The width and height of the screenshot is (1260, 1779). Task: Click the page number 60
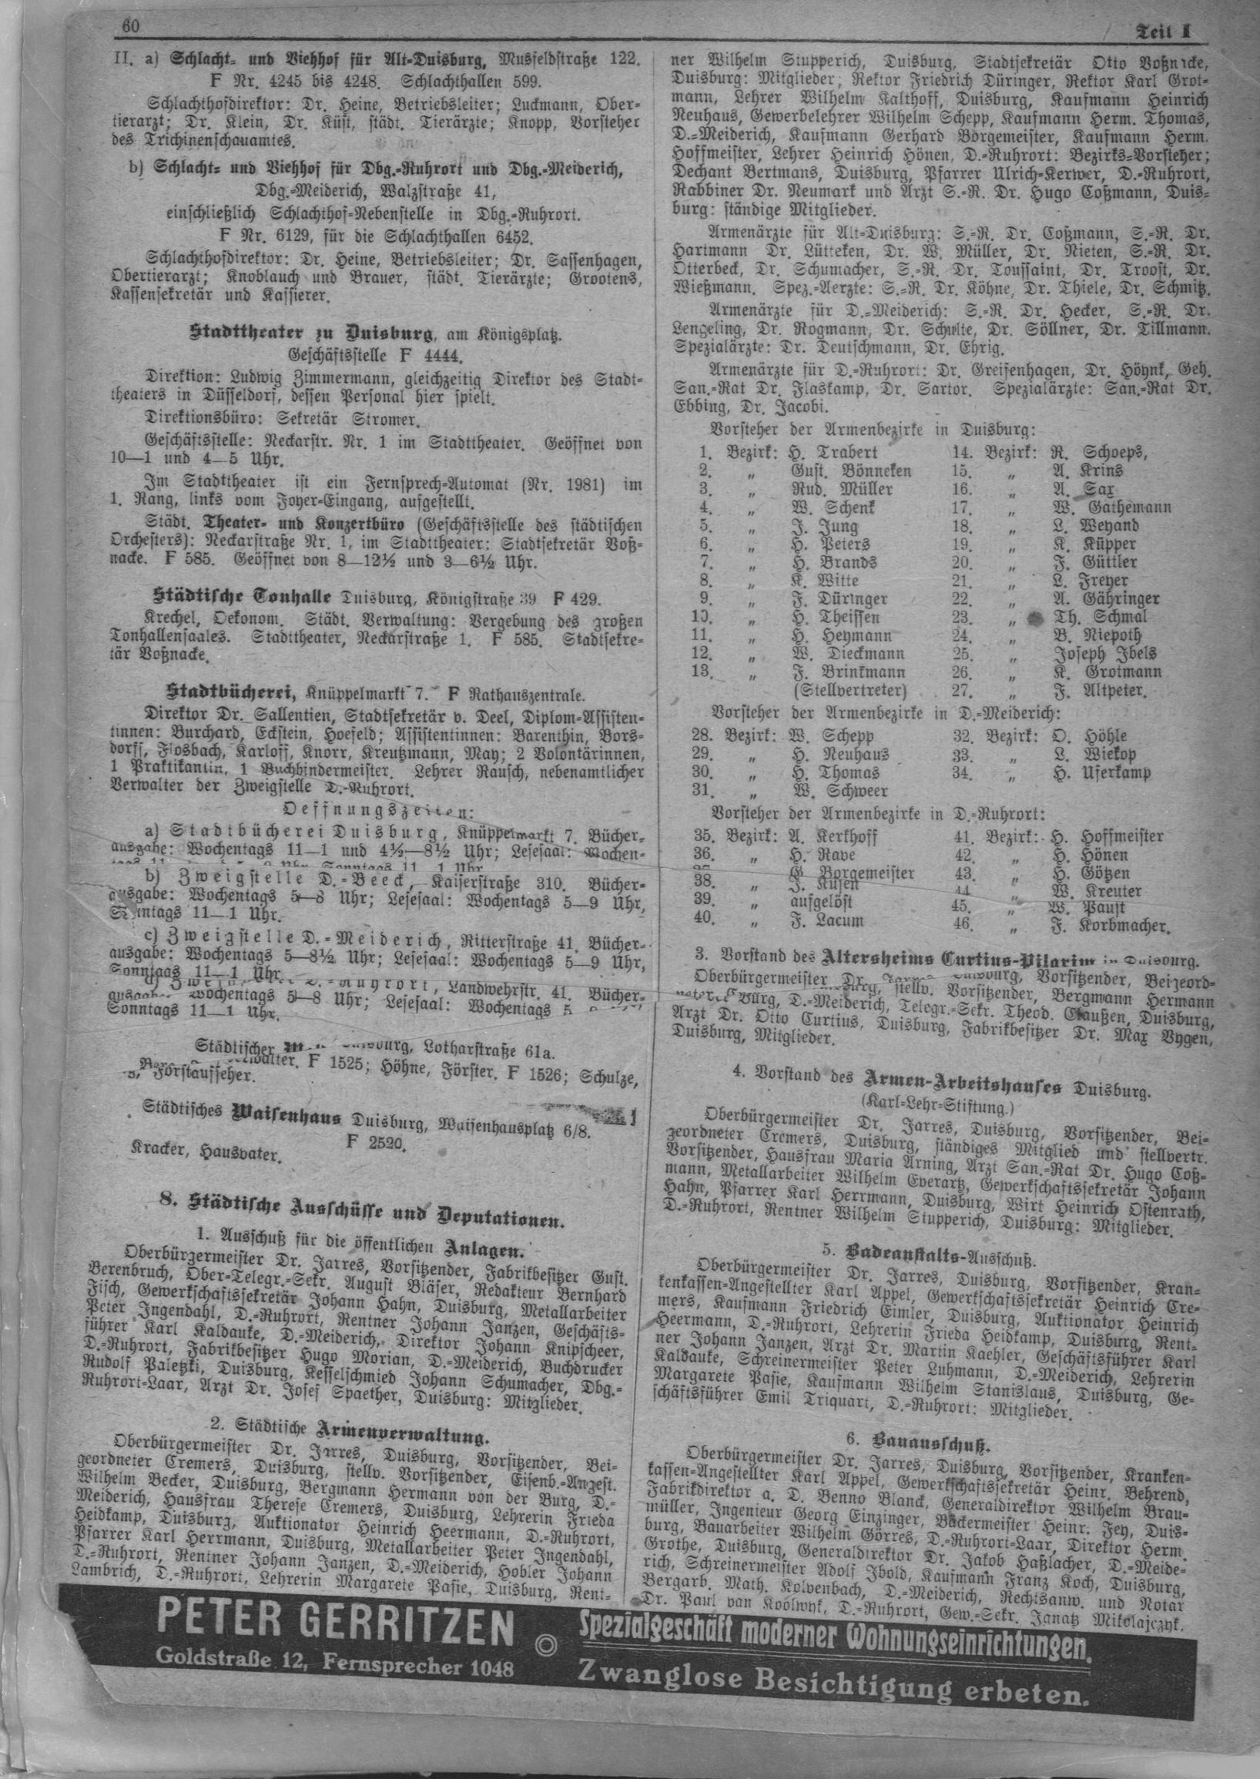(x=129, y=27)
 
